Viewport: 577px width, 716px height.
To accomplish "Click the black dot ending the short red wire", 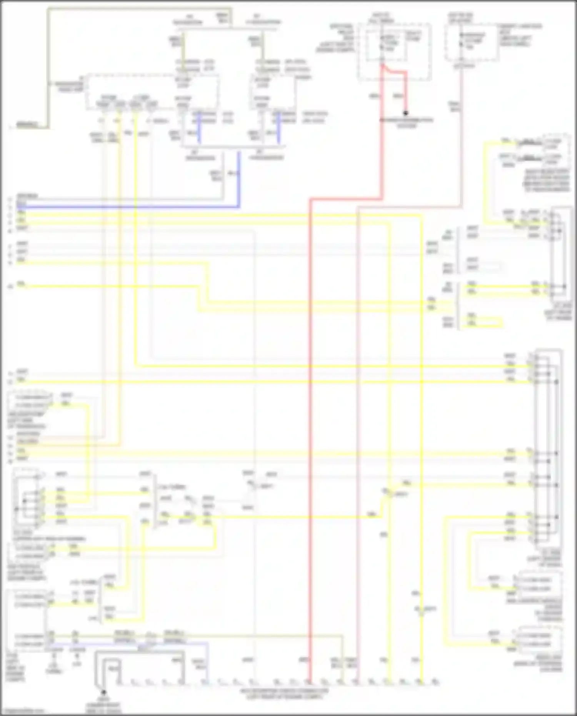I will [405, 113].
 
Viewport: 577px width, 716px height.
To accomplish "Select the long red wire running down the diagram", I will [310, 423].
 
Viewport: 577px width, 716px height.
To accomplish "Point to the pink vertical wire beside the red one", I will [357, 423].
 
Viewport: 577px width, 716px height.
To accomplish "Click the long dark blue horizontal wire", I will [127, 207].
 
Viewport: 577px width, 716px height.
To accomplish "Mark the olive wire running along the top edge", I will [138, 8].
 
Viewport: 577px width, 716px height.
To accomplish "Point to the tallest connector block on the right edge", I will [548, 446].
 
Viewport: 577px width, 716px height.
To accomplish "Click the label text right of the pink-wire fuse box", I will [520, 35].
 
